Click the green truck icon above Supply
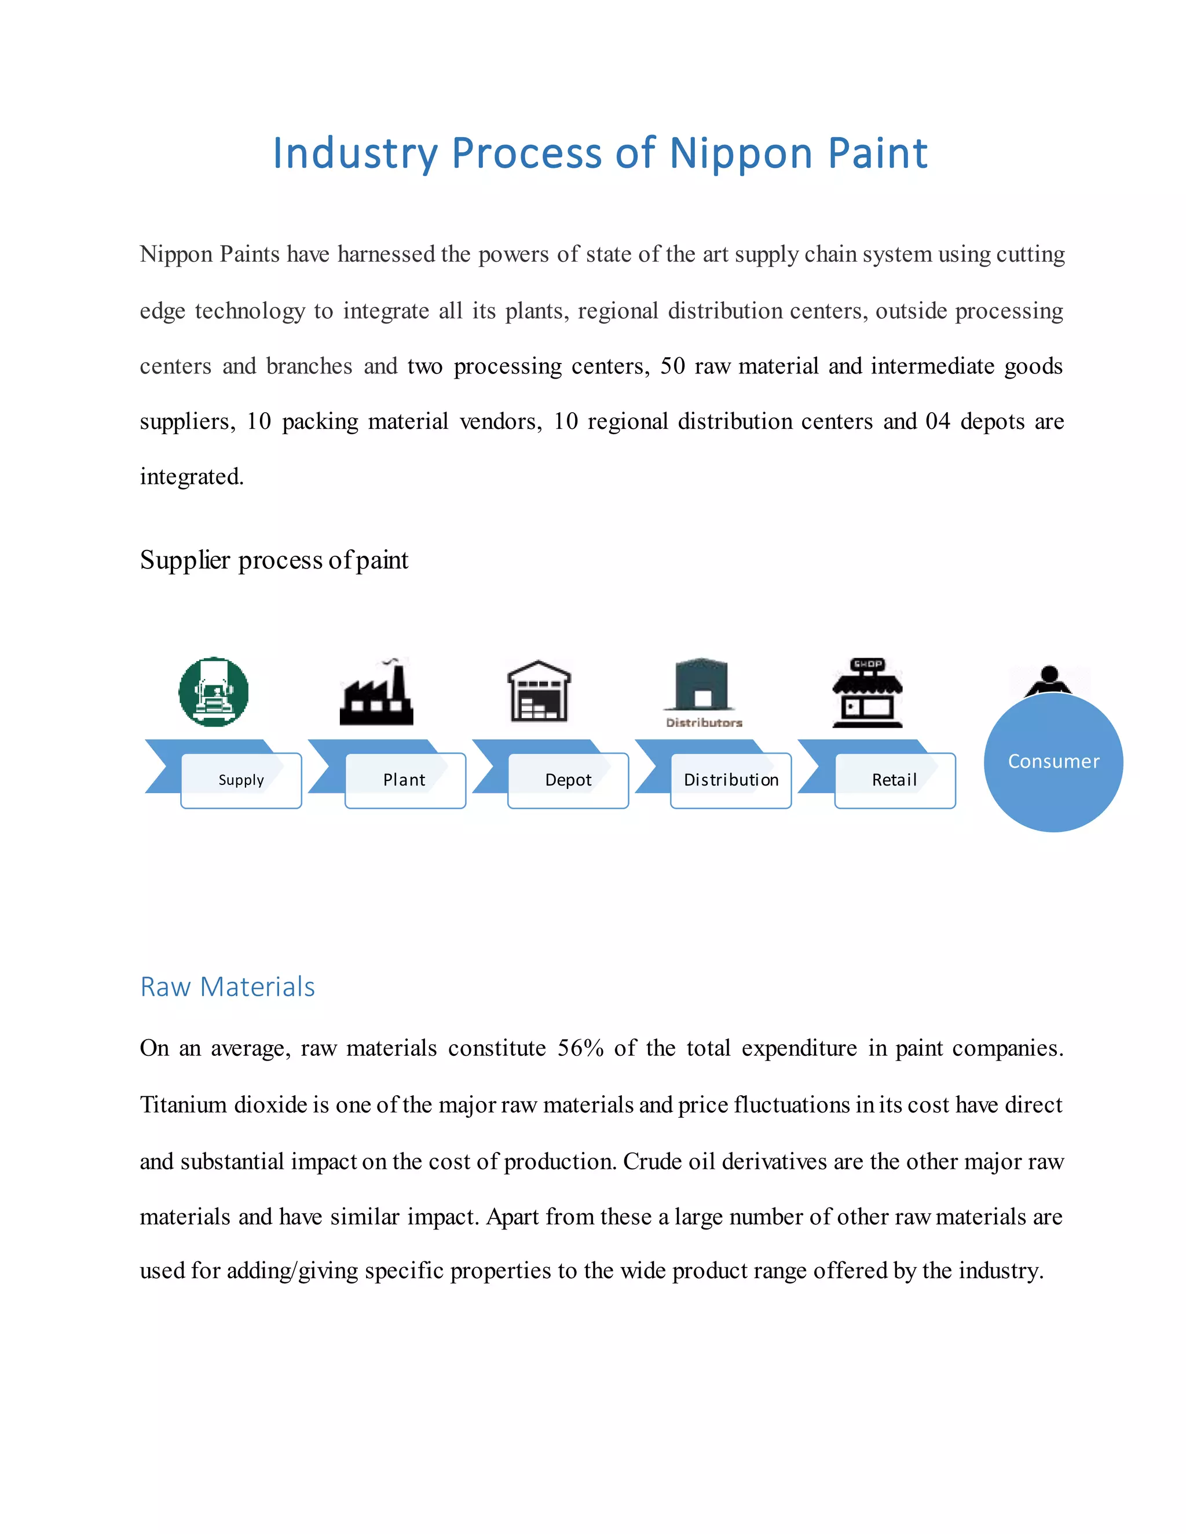tap(214, 692)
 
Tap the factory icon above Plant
tap(376, 694)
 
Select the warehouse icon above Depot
tap(539, 692)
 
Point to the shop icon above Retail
tap(867, 693)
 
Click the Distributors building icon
tap(701, 687)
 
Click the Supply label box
tap(241, 780)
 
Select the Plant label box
tap(405, 780)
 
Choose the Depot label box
tap(568, 780)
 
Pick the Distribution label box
tap(731, 780)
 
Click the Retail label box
tap(894, 780)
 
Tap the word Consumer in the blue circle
tap(1053, 761)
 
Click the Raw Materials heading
tap(228, 987)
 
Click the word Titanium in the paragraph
tap(182, 1105)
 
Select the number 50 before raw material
tap(672, 366)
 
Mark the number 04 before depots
tap(938, 421)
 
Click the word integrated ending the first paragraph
tap(191, 477)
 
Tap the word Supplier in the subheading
tap(185, 560)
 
